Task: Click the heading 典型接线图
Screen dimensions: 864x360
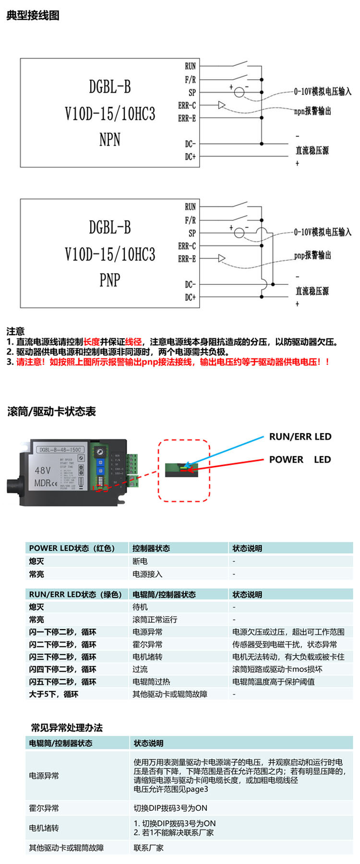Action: click(33, 15)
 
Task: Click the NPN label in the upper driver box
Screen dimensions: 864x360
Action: click(109, 140)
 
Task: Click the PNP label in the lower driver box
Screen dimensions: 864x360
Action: click(109, 280)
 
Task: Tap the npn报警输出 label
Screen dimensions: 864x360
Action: click(312, 111)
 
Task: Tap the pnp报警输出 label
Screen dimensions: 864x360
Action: click(312, 255)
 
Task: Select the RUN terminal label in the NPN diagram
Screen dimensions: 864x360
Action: click(190, 66)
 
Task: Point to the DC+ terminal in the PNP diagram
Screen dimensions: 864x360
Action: click(190, 297)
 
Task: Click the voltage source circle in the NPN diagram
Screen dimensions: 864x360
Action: click(239, 92)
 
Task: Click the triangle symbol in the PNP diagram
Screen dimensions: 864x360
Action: click(221, 258)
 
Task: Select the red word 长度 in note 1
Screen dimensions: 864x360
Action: click(92, 342)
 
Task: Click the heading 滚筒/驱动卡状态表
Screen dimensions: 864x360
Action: click(51, 412)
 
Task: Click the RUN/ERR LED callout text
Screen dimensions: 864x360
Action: click(300, 437)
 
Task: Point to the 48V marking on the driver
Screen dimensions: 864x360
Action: click(43, 470)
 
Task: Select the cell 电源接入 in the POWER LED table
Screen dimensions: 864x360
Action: click(147, 574)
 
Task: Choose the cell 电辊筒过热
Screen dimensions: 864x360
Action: click(151, 681)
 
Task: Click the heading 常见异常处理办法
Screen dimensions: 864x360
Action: click(67, 727)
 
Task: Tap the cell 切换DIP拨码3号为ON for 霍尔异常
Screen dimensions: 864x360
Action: click(170, 808)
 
